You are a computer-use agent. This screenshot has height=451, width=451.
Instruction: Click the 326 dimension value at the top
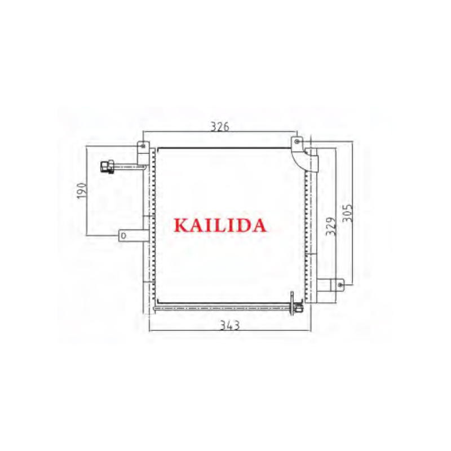click(x=220, y=126)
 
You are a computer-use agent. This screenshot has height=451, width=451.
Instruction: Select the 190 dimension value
click(x=82, y=191)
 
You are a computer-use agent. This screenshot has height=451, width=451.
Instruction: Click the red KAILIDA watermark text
click(x=220, y=225)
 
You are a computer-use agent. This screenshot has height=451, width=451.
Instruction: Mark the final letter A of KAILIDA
click(x=258, y=225)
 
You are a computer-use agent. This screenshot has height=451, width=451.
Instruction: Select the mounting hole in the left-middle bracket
click(x=122, y=236)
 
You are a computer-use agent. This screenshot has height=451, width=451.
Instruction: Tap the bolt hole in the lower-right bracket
click(x=340, y=285)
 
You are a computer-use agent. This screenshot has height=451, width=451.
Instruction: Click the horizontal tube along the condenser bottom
click(x=225, y=307)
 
